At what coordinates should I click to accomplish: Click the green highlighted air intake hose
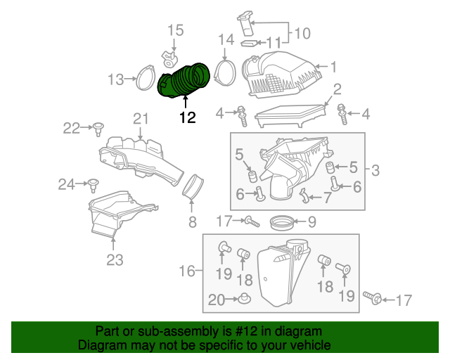(184, 80)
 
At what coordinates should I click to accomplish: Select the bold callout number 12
(188, 117)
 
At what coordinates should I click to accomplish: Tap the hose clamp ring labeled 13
(146, 77)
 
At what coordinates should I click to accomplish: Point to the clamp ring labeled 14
(225, 72)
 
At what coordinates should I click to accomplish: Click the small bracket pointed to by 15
(169, 58)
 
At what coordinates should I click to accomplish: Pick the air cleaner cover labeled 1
(281, 75)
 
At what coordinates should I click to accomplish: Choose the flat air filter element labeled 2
(290, 116)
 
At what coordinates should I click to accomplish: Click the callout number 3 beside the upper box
(375, 170)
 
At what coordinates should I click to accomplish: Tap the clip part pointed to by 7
(304, 195)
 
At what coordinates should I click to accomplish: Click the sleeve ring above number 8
(193, 186)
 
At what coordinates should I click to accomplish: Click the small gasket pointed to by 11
(249, 44)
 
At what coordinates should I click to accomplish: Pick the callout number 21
(141, 118)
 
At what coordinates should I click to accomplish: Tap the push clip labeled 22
(98, 129)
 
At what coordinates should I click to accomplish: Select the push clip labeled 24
(94, 185)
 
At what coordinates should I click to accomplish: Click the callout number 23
(115, 260)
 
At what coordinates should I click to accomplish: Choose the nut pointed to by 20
(244, 298)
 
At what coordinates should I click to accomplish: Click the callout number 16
(187, 271)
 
